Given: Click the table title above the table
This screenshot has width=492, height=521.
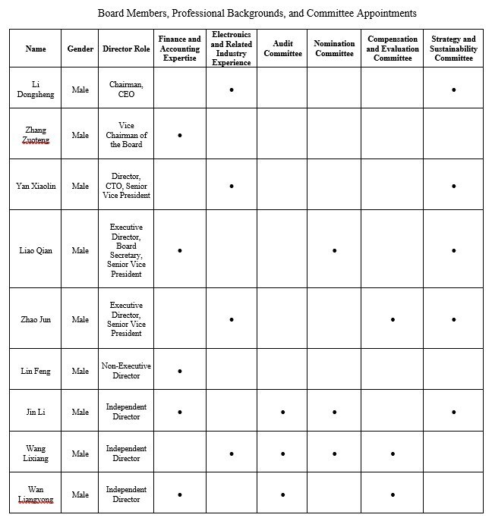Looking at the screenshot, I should click(257, 13).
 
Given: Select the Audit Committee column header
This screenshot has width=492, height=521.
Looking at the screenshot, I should click(282, 49).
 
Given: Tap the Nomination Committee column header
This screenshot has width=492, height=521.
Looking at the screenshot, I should click(334, 49).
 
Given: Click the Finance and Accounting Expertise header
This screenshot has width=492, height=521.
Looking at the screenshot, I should click(179, 49).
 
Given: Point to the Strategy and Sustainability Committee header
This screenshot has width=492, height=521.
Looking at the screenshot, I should click(453, 49).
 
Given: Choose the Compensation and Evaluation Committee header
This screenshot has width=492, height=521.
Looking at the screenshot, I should click(393, 49).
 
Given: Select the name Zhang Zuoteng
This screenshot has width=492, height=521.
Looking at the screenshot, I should click(36, 135).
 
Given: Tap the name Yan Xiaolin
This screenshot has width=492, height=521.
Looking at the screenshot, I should click(36, 186).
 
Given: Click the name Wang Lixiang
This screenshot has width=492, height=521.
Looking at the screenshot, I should click(36, 454).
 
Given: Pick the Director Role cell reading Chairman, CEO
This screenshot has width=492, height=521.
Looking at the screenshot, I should click(125, 89).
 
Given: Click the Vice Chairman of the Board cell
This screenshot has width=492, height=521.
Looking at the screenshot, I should click(125, 135).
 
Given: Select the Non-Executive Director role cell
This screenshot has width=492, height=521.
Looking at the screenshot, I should click(125, 371).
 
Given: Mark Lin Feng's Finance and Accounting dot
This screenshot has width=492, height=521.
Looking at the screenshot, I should click(180, 372).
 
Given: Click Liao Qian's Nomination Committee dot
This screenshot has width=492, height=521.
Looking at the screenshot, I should click(334, 250).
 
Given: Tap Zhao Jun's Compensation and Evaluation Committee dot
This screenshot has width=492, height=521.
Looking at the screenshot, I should click(393, 320).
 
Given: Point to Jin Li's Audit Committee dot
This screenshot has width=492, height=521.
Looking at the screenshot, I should click(282, 413).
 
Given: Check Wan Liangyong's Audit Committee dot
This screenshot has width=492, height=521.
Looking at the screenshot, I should click(282, 495).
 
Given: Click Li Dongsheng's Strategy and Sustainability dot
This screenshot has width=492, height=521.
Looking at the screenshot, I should click(453, 89).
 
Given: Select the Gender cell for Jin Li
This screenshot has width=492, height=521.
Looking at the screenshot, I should click(80, 413).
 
